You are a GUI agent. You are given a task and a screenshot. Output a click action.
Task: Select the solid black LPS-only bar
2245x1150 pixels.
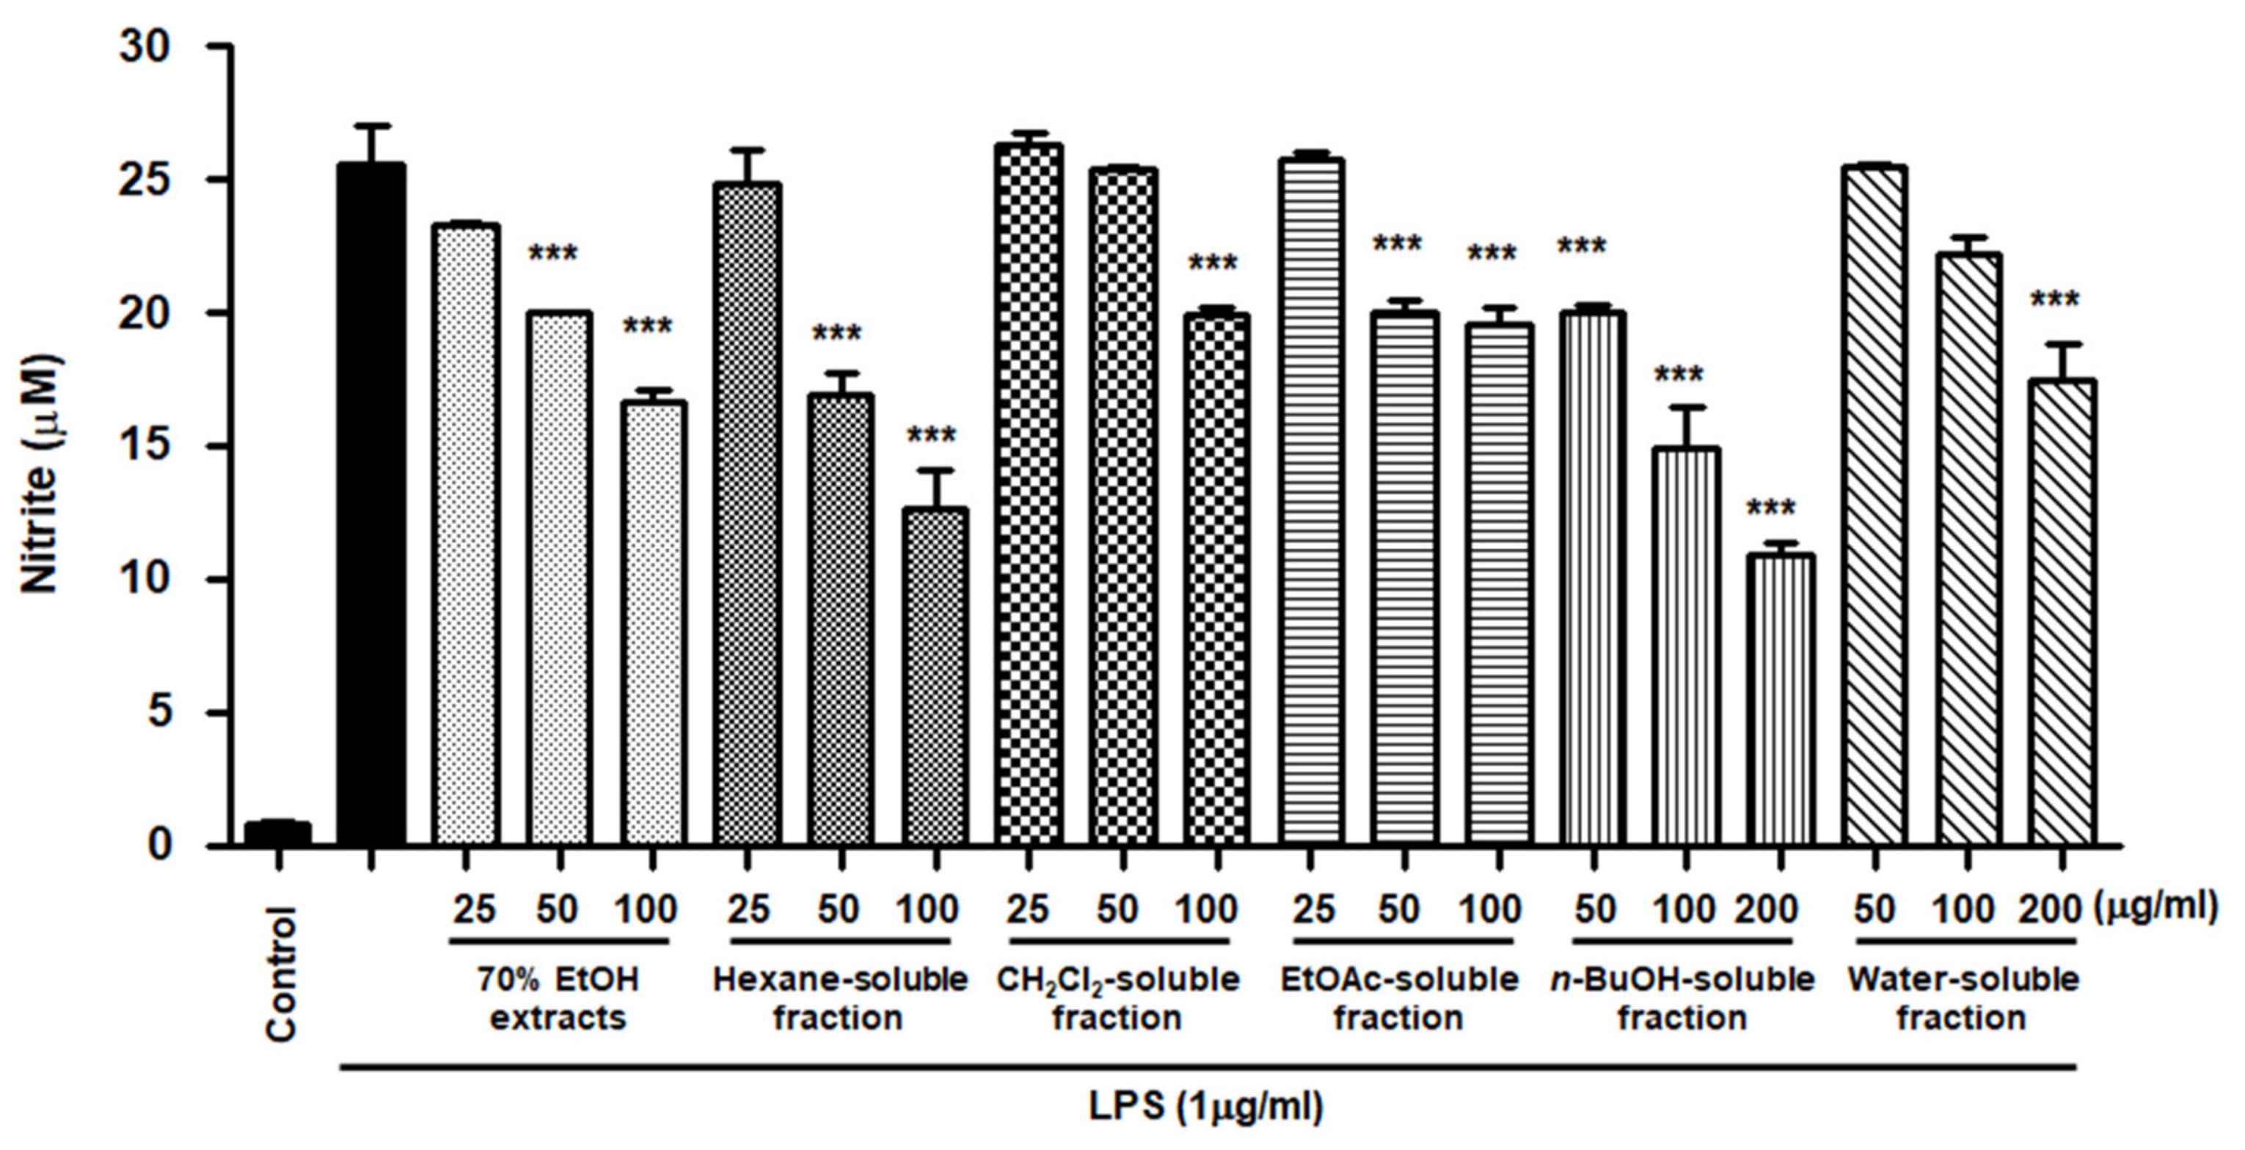click(371, 505)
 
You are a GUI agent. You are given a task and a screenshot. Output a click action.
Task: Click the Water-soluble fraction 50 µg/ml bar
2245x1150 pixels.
click(1875, 505)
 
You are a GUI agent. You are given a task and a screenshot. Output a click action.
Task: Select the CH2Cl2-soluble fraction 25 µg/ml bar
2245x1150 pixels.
click(1029, 497)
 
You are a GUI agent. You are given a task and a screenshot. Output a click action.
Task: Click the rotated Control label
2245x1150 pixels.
click(282, 973)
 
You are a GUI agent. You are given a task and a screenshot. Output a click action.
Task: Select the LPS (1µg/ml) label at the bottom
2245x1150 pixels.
click(1205, 1107)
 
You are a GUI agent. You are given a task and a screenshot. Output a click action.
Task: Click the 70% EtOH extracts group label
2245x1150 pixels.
click(558, 999)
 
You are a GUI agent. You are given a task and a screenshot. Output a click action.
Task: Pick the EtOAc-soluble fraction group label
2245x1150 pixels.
click(1399, 999)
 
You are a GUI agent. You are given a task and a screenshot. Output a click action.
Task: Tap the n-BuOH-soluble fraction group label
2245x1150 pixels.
click(1682, 999)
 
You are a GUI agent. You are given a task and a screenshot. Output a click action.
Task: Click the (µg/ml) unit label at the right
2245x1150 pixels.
click(2153, 908)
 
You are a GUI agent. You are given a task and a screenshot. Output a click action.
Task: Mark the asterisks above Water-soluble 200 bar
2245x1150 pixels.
click(2054, 301)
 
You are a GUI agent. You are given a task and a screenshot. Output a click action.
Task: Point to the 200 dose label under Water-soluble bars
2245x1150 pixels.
click(2049, 910)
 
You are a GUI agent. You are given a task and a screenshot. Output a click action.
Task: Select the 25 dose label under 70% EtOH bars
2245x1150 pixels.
click(474, 910)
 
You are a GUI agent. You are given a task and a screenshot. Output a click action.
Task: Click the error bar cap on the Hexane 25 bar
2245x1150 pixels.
click(747, 150)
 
